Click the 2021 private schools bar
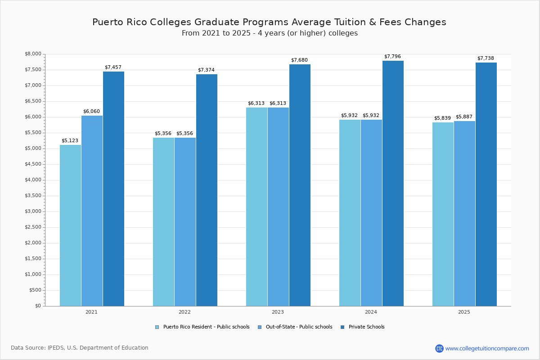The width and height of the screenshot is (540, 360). point(113,189)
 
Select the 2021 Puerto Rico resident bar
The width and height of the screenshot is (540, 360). point(70,225)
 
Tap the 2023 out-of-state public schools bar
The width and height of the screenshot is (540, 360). point(278,207)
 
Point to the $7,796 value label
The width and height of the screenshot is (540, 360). point(392,57)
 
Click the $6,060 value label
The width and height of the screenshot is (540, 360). point(91,112)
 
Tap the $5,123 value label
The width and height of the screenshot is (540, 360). point(70,141)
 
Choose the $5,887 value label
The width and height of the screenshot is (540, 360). point(464,117)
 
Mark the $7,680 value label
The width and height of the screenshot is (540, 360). point(299,60)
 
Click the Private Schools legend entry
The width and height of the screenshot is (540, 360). point(362,327)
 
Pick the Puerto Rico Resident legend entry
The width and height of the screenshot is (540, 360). point(202,327)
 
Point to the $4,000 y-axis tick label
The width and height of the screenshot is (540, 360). point(33,180)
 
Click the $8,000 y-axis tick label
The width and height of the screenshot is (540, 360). point(33,54)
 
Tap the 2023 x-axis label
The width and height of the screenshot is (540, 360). point(278,312)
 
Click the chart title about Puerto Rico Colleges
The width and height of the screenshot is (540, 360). point(269,22)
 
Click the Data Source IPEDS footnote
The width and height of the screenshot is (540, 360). point(80,348)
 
